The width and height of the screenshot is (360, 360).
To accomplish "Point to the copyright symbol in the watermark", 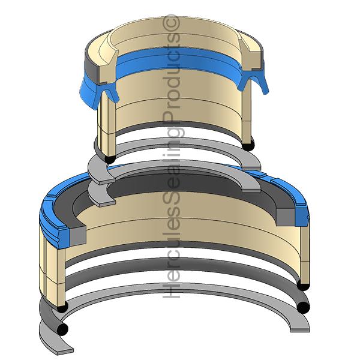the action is (171, 22).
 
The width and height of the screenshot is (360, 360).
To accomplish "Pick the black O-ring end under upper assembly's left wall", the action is (110, 159).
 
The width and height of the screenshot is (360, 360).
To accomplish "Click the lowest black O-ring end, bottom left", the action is (62, 329).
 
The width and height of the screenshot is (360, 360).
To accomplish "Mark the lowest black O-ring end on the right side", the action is (303, 307).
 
